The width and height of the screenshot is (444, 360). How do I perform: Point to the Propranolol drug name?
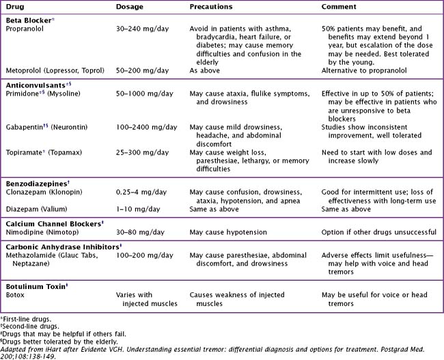(28, 31)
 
